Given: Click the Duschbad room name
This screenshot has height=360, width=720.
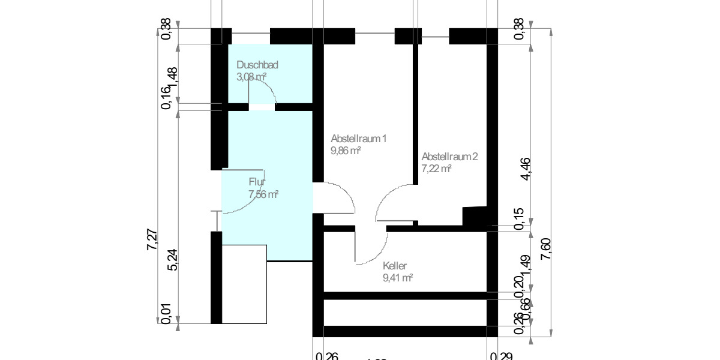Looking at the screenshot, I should point(257,65).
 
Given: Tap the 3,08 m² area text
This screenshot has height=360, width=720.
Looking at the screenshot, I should point(251,77).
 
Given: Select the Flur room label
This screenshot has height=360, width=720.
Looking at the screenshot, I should point(257,182).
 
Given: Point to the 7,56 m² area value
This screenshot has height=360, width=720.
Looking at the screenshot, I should point(263,194).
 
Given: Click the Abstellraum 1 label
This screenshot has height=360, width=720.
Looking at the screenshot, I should point(358,139).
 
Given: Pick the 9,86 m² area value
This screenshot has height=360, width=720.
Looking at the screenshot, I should point(345,151).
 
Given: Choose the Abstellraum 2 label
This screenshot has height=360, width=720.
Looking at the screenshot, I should point(449,157).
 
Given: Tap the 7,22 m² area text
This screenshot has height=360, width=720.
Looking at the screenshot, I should point(436,169).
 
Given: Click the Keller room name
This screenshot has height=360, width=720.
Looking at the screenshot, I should point(395,266).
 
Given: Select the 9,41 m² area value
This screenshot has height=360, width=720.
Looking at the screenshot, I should point(398,278).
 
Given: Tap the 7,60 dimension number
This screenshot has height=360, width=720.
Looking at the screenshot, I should point(545,248).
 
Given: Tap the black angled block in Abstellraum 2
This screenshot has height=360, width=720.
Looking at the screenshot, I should point(476,217).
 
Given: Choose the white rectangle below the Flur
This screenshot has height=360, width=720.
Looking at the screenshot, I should point(244,284).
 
